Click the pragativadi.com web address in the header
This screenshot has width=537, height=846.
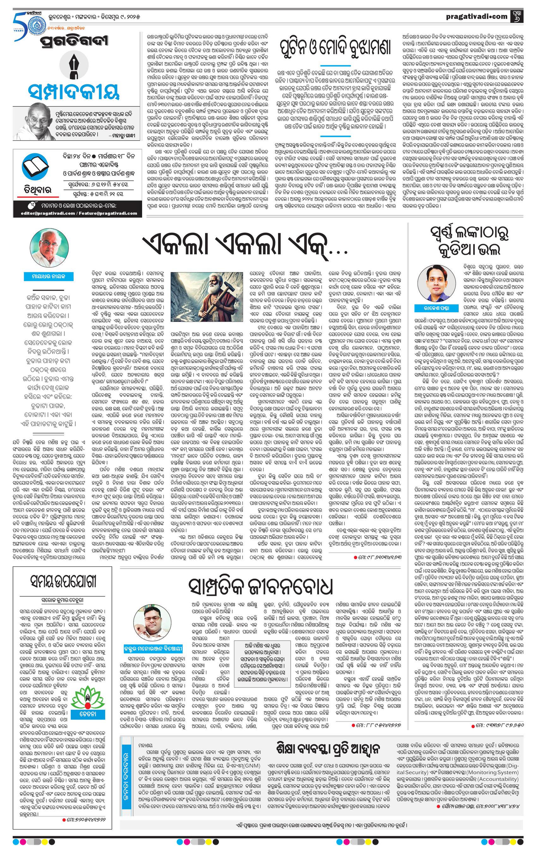pyautogui.click(x=477, y=16)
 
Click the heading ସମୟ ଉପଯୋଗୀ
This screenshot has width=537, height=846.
pyautogui.click(x=63, y=581)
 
